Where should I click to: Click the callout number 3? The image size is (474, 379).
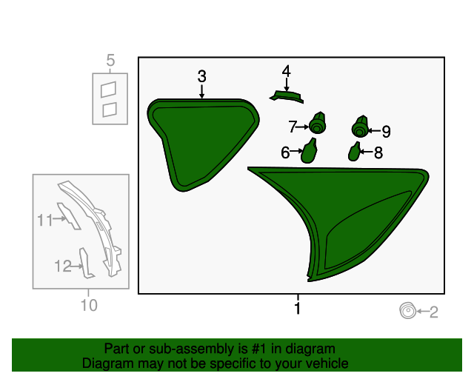tap(202, 76)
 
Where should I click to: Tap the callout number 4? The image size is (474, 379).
tap(287, 71)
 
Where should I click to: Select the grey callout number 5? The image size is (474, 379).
tap(110, 61)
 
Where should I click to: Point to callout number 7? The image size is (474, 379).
tap(293, 127)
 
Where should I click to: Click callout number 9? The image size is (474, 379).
tap(386, 132)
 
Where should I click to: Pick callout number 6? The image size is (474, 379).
tap(285, 152)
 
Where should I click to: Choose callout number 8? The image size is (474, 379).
tap(378, 152)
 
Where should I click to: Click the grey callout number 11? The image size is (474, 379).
tap(45, 220)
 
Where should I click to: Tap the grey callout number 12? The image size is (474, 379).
tap(63, 266)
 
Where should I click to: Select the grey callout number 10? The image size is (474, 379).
tap(89, 305)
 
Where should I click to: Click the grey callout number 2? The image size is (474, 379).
tap(433, 312)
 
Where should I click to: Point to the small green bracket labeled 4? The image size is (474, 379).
tap(287, 96)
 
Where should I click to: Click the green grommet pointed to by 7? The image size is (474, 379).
tap(318, 123)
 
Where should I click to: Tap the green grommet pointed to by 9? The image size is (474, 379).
tap(360, 127)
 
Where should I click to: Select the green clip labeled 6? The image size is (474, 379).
tap(309, 151)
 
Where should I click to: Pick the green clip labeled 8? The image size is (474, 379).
tap(354, 152)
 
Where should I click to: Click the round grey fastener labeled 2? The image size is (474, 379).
tap(407, 310)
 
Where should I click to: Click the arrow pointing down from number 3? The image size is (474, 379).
tap(202, 92)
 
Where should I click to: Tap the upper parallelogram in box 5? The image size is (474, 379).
tap(108, 90)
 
